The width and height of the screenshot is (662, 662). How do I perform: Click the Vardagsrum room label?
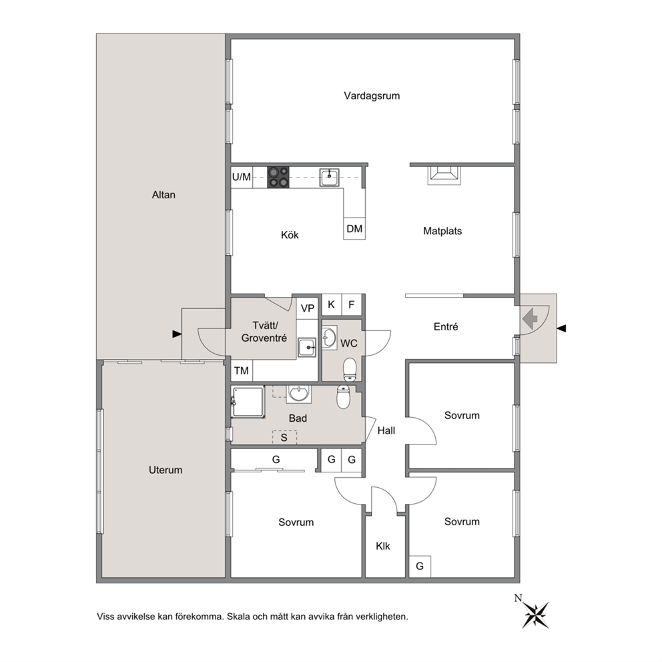pyautogui.click(x=372, y=96)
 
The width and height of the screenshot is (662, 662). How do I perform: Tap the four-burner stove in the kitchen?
pyautogui.click(x=278, y=178)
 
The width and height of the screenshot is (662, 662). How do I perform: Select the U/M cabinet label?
pyautogui.click(x=242, y=177)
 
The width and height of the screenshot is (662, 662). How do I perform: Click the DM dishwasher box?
pyautogui.click(x=354, y=229)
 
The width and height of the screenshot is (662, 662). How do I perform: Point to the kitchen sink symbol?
pyautogui.click(x=329, y=177)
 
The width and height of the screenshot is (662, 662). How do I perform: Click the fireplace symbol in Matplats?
pyautogui.click(x=444, y=176)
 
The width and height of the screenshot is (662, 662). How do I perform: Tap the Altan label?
pyautogui.click(x=163, y=195)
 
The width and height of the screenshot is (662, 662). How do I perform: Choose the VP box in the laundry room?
pyautogui.click(x=308, y=308)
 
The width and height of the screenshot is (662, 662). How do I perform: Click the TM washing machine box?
pyautogui.click(x=242, y=370)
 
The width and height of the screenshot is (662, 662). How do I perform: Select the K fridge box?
pyautogui.click(x=332, y=305)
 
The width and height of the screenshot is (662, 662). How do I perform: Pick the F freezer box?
pyautogui.click(x=352, y=305)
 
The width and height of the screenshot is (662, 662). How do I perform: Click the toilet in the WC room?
pyautogui.click(x=350, y=370)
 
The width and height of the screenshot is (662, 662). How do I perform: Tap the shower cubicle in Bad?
pyautogui.click(x=248, y=402)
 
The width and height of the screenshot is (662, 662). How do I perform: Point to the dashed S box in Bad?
pyautogui.click(x=284, y=437)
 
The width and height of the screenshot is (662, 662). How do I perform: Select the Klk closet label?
pyautogui.click(x=383, y=547)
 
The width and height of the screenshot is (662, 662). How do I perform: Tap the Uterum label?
pyautogui.click(x=165, y=470)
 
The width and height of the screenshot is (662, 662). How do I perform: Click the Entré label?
pyautogui.click(x=446, y=326)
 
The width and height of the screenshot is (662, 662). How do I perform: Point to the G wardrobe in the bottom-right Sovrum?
pyautogui.click(x=420, y=566)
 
